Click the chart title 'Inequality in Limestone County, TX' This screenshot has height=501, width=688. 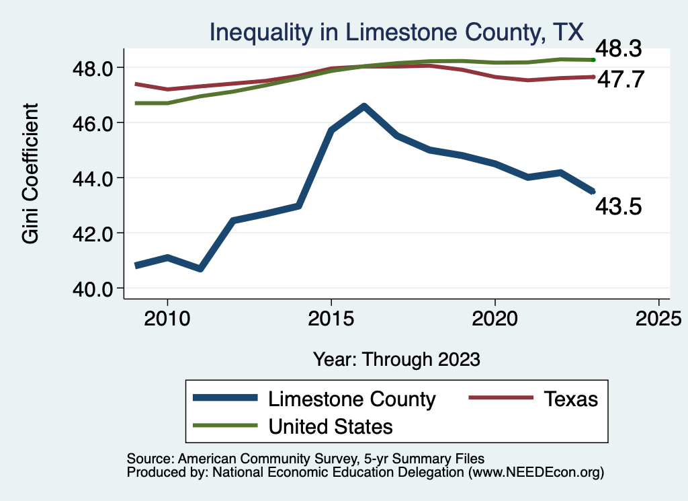pos(397,32)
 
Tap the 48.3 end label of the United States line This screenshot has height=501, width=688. pos(620,49)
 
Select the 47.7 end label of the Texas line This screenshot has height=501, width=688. pos(620,79)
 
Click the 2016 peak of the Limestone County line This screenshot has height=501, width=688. pos(363,106)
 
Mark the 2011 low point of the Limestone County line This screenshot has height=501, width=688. pos(200,268)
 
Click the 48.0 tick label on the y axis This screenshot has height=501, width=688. pos(93,68)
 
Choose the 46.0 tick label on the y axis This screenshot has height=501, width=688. pos(93,123)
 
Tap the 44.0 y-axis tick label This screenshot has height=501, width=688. pos(93,178)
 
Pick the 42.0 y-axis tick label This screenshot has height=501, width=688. pos(93,233)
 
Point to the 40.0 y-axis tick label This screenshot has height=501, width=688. pos(93,288)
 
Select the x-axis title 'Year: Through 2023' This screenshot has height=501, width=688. pos(396,359)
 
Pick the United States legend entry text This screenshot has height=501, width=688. pos(331,426)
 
